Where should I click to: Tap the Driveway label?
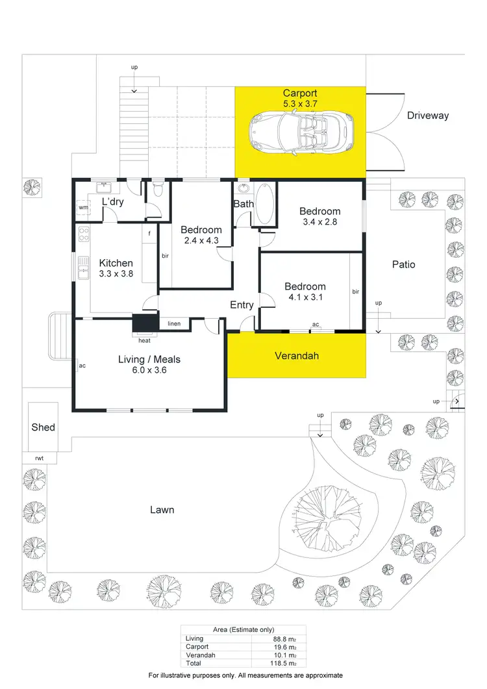click(x=428, y=116)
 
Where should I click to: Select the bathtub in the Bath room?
click(x=264, y=205)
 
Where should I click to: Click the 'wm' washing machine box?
click(x=83, y=208)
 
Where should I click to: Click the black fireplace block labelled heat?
click(x=145, y=323)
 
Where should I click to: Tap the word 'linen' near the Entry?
click(x=174, y=323)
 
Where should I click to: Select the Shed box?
click(x=43, y=427)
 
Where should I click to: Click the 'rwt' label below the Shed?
click(x=40, y=458)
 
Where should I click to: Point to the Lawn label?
click(x=162, y=510)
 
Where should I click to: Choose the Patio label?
click(x=403, y=264)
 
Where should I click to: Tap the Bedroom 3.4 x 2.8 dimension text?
click(x=319, y=221)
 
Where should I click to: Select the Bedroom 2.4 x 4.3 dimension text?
click(x=201, y=240)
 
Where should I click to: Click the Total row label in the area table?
click(x=194, y=663)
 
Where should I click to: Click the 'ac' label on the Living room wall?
click(x=82, y=366)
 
